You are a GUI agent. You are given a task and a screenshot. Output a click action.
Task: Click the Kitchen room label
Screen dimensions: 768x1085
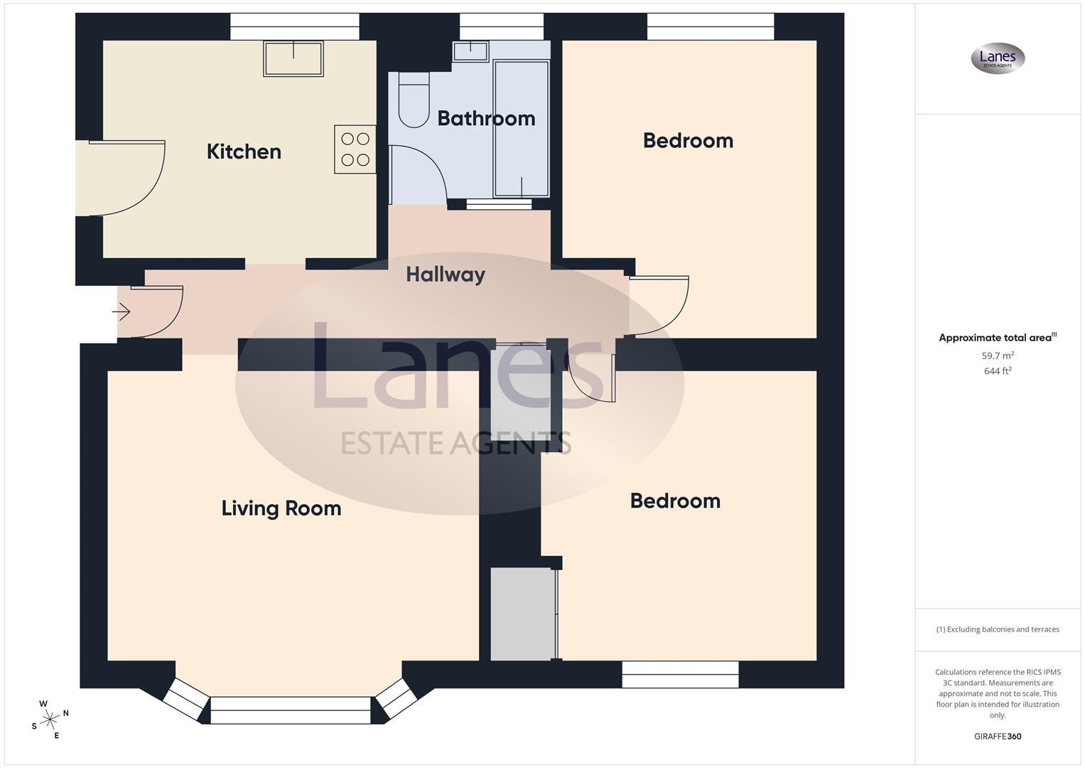pyautogui.click(x=244, y=151)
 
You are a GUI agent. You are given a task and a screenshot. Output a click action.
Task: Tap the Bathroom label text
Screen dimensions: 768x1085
pyautogui.click(x=486, y=118)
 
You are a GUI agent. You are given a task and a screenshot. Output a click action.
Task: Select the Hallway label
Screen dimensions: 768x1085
pyautogui.click(x=446, y=274)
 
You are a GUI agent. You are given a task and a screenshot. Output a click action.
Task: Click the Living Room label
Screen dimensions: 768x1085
pyautogui.click(x=281, y=508)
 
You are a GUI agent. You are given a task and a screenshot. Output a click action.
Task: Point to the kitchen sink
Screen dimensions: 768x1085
pyautogui.click(x=293, y=58)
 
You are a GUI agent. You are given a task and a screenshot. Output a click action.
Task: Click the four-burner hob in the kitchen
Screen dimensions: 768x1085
pyautogui.click(x=355, y=149)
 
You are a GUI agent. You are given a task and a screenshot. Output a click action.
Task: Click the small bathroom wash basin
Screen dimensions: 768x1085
pyautogui.click(x=470, y=51)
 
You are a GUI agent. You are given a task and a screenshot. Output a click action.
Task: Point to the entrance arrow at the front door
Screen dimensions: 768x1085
pyautogui.click(x=122, y=311)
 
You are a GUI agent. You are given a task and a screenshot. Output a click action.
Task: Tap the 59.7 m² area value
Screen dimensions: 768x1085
pyautogui.click(x=998, y=356)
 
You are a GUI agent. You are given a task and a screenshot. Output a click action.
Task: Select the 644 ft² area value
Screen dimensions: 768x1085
pyautogui.click(x=998, y=371)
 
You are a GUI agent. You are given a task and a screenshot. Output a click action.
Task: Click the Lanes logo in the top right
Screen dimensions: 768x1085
pyautogui.click(x=998, y=58)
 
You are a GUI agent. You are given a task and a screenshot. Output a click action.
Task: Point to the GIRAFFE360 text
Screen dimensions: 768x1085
pyautogui.click(x=998, y=737)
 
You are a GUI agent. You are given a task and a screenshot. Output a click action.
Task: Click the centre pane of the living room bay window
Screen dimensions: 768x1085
pyautogui.click(x=291, y=710)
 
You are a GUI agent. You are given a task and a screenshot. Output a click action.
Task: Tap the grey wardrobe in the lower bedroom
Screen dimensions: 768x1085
pyautogui.click(x=522, y=614)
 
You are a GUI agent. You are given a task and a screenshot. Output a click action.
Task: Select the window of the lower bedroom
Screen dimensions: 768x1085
pyautogui.click(x=680, y=674)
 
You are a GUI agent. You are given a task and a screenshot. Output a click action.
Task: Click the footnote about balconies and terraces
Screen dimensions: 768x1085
pyautogui.click(x=998, y=629)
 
